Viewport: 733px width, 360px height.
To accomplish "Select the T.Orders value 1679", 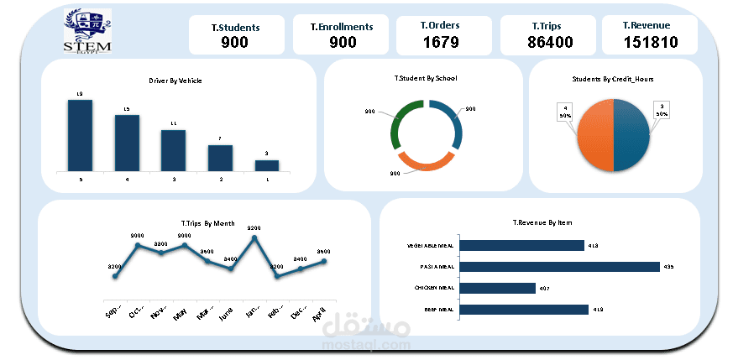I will [440, 42].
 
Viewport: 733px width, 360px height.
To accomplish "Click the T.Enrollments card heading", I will [341, 27].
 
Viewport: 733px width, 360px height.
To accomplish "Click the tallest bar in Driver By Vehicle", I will [80, 135].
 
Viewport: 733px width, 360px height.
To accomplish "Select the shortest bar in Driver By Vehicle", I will [267, 165].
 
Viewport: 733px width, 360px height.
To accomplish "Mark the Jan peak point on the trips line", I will [254, 237].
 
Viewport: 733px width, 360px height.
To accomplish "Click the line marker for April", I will [323, 261].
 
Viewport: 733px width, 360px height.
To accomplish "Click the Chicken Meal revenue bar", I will [498, 288].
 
